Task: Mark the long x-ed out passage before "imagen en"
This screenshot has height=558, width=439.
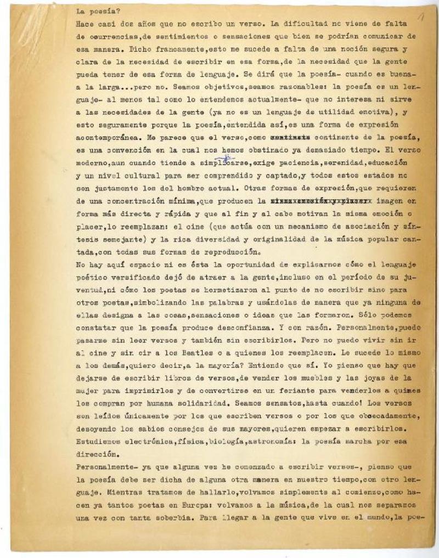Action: coord(323,201)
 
